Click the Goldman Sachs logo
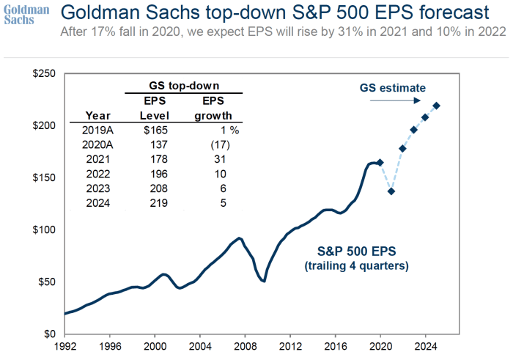tap(26, 15)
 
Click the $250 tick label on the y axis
tap(46, 74)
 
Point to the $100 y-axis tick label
tap(46, 229)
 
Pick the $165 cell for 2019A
tap(155, 130)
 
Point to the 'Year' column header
tap(98, 115)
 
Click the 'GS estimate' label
tap(392, 87)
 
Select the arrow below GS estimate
tap(396, 100)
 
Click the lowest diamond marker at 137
tap(391, 191)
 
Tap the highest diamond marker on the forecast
tap(437, 106)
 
